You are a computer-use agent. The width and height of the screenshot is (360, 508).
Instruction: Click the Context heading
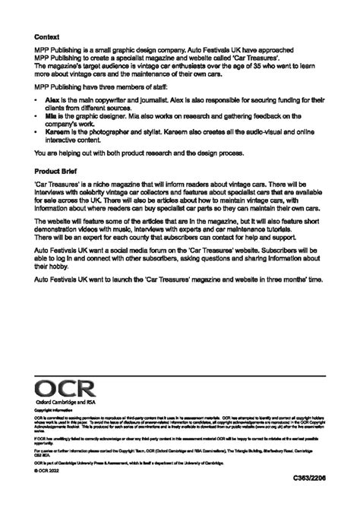point(47,36)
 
